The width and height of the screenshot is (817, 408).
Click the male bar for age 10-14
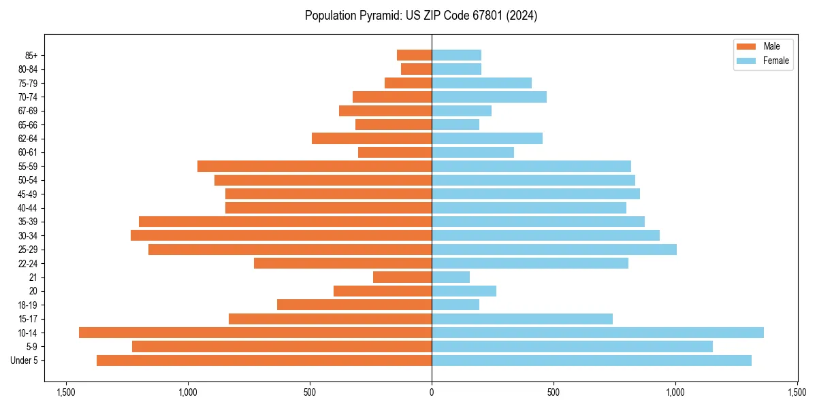click(255, 333)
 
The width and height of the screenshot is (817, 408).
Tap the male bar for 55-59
click(315, 166)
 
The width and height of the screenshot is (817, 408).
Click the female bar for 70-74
click(489, 97)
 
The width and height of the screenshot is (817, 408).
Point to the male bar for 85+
click(414, 55)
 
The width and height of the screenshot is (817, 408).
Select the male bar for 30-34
click(281, 235)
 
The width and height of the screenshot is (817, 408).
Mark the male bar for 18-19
click(354, 305)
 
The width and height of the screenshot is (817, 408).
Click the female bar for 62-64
click(487, 138)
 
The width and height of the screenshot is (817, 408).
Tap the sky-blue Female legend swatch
click(746, 61)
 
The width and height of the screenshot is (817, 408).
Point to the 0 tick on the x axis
click(432, 392)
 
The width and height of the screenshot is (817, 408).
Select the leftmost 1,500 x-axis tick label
click(66, 392)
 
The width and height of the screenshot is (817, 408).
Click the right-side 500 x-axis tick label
click(554, 392)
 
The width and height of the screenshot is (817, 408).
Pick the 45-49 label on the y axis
click(27, 194)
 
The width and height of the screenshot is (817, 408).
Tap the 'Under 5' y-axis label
click(25, 360)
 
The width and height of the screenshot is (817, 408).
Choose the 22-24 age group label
click(27, 263)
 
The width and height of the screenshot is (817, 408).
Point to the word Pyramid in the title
click(379, 16)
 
